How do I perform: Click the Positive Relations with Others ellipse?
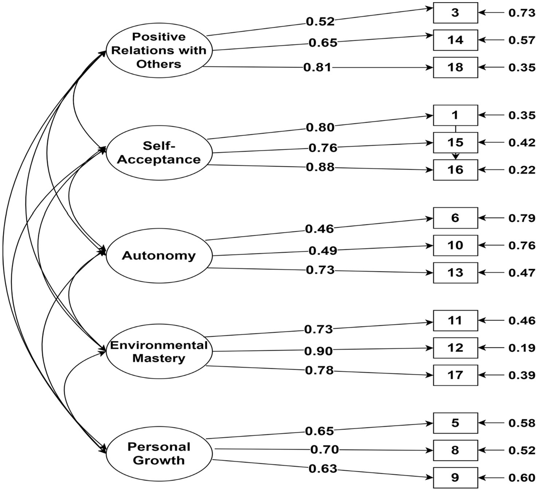point(159,50)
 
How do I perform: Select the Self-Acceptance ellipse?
point(159,153)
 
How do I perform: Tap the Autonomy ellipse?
point(159,256)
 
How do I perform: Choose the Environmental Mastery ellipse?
point(159,352)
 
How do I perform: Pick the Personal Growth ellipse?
point(159,453)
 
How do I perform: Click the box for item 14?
point(455,40)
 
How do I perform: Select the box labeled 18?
point(455,67)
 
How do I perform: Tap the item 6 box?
point(455,218)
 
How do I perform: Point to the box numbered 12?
point(455,348)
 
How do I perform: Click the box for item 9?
point(455,478)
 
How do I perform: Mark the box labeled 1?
point(455,115)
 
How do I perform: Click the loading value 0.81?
point(318,67)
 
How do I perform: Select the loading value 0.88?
point(320,167)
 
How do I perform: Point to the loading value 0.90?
point(319,351)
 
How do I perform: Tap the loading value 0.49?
point(323,251)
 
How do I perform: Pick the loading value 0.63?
point(323,468)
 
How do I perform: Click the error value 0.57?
point(522,40)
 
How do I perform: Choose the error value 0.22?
point(522,170)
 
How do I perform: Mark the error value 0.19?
point(522,348)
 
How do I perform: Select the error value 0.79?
point(522,218)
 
